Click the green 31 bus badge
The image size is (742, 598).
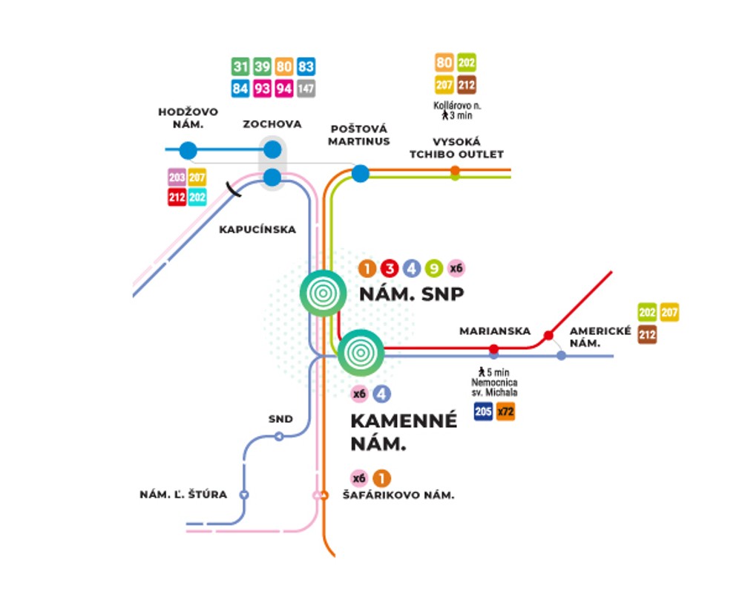coord(240,67)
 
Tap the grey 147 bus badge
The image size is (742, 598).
coord(306,88)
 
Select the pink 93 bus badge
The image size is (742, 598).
coord(262,88)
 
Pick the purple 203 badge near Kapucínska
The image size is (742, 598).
coord(177,178)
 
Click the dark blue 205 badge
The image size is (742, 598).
coord(484,411)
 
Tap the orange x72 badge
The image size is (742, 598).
coord(505,411)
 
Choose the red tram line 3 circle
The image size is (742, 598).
coord(390,269)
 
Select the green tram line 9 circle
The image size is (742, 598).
coord(434,269)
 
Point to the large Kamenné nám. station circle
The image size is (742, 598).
coord(361,351)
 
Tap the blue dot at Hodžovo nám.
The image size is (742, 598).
coord(188,150)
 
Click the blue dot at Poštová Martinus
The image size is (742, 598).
coord(360,174)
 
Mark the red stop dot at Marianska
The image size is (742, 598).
coord(493,348)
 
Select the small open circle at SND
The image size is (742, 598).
coord(279,436)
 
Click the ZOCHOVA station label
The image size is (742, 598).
coord(272,124)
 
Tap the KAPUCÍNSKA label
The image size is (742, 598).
coord(257,230)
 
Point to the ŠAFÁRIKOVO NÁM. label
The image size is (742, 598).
coord(398,495)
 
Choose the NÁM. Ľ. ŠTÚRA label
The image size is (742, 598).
coord(183,495)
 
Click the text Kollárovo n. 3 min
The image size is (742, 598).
coord(454,110)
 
